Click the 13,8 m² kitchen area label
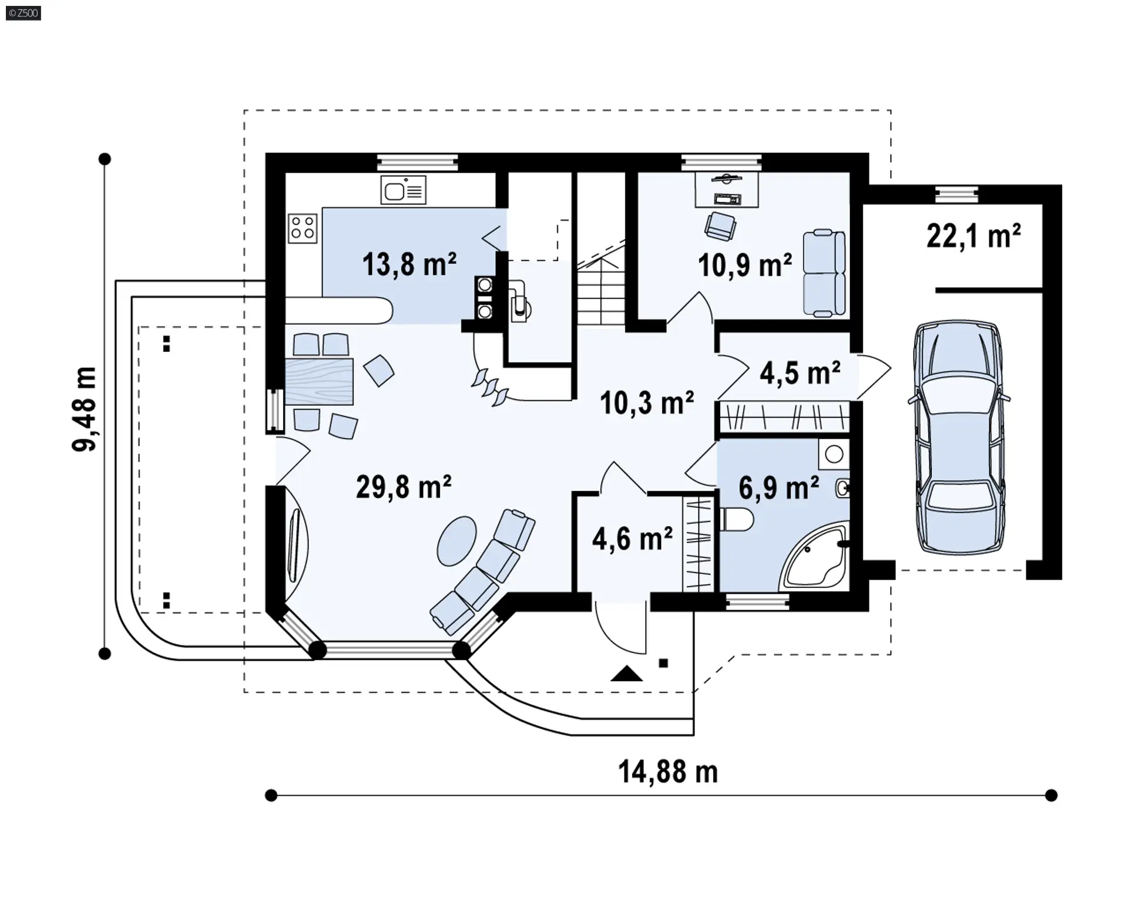pos(409,264)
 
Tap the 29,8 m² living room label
pos(404,487)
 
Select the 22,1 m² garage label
pos(973,235)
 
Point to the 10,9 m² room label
pos(745,265)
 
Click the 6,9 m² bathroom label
pos(779,487)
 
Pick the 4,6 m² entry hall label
pos(632,539)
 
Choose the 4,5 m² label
pos(800,372)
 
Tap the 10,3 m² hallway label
pos(647,403)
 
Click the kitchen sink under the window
pos(403,190)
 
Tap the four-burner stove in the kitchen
pos(303,228)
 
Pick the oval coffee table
pos(457,540)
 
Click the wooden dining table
pos(319,381)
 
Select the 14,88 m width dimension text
pos(668,772)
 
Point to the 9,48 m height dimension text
pos(84,409)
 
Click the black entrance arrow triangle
pos(626,673)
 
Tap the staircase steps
pos(600,294)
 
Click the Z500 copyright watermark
pos(23,13)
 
